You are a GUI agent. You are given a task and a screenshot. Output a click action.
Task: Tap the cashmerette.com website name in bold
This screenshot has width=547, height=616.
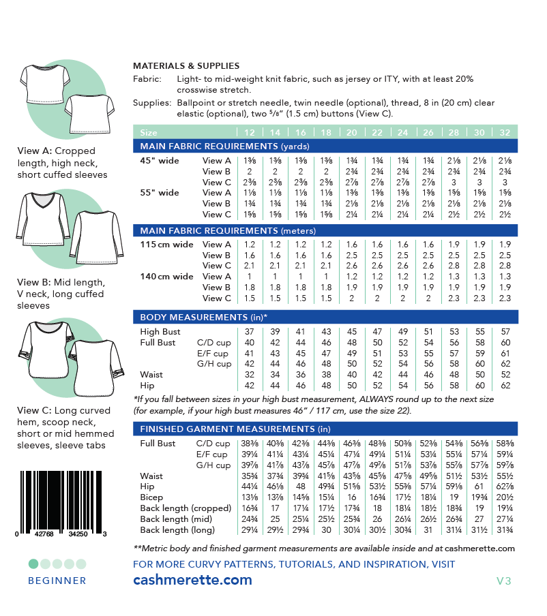(x=192, y=581)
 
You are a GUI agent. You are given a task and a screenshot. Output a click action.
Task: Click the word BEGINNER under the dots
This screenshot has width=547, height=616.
(x=57, y=581)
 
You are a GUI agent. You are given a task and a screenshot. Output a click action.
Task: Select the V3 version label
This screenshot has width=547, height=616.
(x=504, y=581)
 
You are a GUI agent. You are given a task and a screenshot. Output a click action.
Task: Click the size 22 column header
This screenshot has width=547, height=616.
(x=377, y=132)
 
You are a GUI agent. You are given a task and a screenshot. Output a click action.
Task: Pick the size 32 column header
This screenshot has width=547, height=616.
(x=505, y=132)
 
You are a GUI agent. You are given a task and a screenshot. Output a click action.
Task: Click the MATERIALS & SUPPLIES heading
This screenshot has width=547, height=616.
(x=186, y=66)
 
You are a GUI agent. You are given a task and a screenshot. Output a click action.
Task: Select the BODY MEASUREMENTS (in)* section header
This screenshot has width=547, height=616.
(x=204, y=318)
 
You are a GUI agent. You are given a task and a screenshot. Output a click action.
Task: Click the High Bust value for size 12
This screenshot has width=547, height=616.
(x=249, y=332)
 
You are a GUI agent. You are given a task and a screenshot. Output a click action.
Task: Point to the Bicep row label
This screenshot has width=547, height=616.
(x=152, y=497)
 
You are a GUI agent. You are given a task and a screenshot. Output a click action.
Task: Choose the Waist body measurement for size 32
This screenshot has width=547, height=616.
(x=505, y=375)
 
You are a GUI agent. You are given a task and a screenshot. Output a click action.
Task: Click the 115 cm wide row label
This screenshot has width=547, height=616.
(x=166, y=245)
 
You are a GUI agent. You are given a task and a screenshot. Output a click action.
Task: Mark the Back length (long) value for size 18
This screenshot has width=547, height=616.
(x=326, y=530)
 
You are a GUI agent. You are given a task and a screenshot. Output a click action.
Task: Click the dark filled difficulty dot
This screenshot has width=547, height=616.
(x=33, y=564)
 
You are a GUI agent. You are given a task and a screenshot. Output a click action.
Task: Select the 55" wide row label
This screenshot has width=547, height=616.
(x=160, y=193)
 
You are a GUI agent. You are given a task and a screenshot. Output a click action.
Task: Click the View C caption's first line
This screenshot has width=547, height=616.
(x=56, y=412)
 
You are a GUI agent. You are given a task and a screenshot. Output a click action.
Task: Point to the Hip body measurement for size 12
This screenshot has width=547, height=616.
(x=249, y=386)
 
